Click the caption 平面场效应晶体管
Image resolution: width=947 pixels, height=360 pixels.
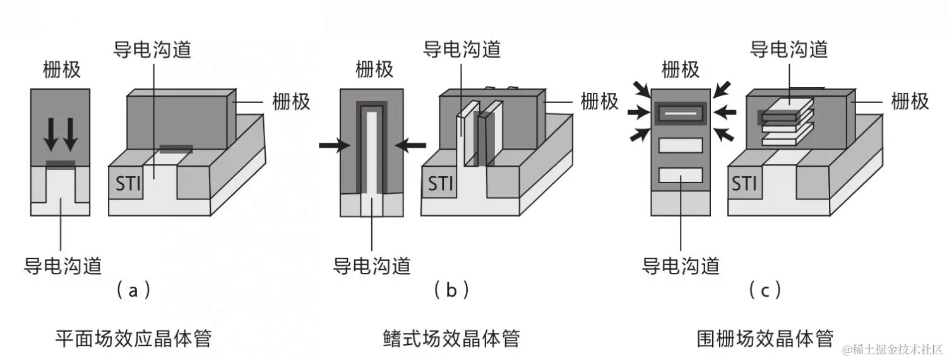coord(133,339)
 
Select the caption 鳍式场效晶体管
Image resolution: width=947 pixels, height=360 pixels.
coord(451,339)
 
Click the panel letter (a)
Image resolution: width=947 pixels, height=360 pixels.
coord(133,290)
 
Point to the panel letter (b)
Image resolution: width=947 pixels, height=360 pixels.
coord(451,290)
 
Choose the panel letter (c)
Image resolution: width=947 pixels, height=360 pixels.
coord(765,290)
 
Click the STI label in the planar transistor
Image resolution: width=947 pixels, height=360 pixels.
coord(129,184)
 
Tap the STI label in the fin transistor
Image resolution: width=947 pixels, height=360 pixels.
coord(441,184)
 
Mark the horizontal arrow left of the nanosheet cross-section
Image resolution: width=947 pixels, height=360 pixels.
coord(639,113)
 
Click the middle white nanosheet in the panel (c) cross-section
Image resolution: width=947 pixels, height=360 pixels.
coord(681,145)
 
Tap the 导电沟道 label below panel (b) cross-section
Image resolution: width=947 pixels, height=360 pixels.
coord(372,265)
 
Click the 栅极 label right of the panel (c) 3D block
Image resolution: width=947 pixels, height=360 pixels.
coord(910,100)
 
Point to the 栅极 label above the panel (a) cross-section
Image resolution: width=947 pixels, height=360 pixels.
coord(62,69)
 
